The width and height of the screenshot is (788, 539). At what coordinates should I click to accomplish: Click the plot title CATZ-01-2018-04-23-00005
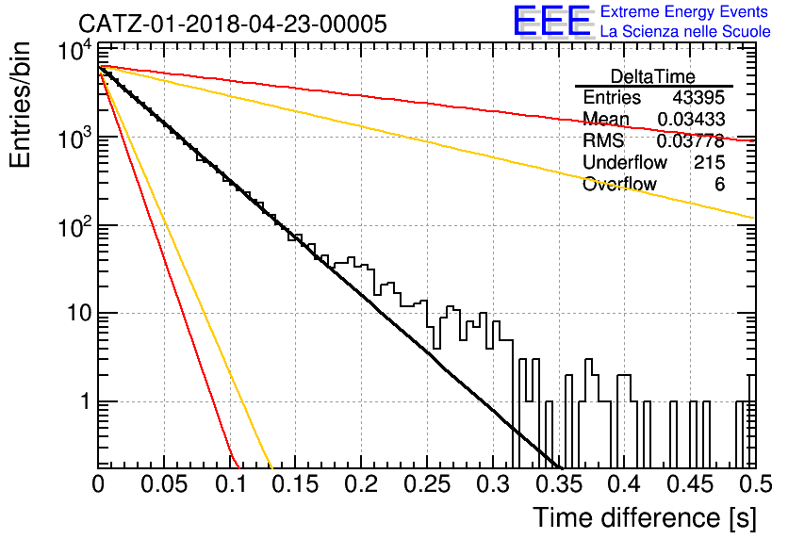click(x=233, y=24)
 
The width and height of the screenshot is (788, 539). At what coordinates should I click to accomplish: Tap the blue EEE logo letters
click(x=552, y=21)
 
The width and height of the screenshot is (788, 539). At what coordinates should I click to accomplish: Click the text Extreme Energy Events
click(x=684, y=11)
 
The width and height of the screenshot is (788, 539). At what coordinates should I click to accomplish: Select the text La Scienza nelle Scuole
click(x=685, y=31)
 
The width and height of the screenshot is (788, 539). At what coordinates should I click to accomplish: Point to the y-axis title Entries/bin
click(x=20, y=105)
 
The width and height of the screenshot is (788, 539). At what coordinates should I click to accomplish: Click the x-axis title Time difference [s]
click(x=645, y=518)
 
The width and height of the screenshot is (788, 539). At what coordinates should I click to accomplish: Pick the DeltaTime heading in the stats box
click(x=653, y=76)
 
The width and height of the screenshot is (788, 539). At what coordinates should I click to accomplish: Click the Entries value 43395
click(x=698, y=97)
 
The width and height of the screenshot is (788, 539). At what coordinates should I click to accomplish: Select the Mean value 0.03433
click(x=691, y=119)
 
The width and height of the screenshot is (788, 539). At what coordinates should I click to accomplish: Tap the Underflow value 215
click(x=710, y=162)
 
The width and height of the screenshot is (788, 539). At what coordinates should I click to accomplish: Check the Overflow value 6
click(x=719, y=184)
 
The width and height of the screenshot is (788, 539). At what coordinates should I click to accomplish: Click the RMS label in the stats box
click(x=603, y=140)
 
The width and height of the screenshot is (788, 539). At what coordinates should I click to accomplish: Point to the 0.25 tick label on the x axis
click(x=427, y=484)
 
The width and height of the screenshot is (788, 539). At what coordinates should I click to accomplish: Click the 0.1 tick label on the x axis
click(x=230, y=484)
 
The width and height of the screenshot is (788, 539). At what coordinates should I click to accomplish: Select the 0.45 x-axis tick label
click(x=691, y=484)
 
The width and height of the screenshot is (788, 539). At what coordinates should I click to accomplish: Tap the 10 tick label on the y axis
click(x=80, y=314)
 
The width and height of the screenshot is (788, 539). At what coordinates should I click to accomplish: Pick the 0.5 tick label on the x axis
click(x=756, y=484)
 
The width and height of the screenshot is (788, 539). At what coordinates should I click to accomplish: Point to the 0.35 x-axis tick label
click(x=559, y=484)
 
